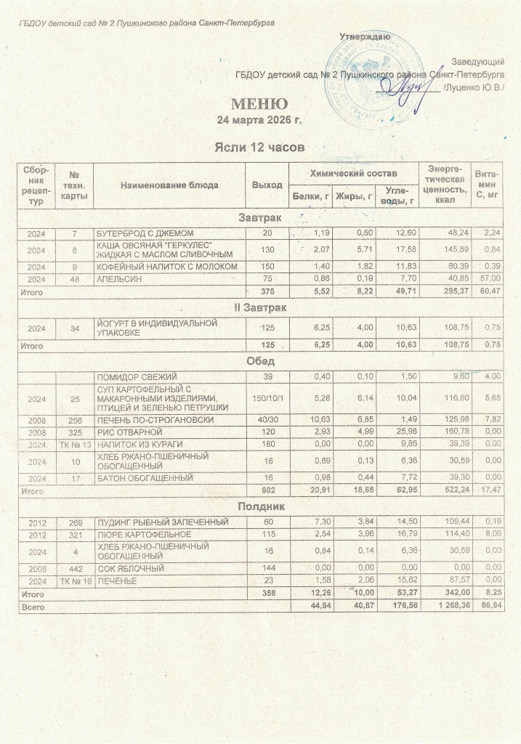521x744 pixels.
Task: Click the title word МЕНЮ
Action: click(x=259, y=103)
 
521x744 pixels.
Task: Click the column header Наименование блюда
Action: click(x=170, y=185)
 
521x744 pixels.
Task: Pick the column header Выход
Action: click(x=267, y=185)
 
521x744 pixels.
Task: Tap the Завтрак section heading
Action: click(x=260, y=217)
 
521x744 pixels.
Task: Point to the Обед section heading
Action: click(x=260, y=361)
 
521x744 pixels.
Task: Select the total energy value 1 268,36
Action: click(x=444, y=606)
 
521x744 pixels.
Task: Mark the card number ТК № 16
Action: click(x=75, y=581)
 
